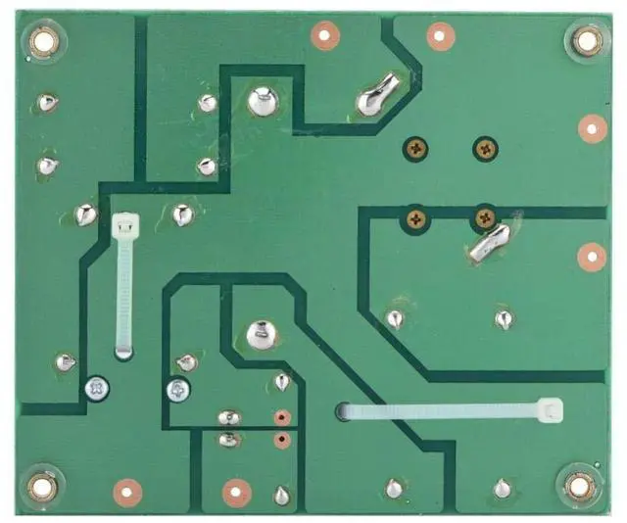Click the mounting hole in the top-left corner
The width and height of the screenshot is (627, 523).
click(x=43, y=40)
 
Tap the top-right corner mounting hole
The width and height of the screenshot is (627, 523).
click(x=586, y=40)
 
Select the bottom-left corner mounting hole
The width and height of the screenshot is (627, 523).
click(x=41, y=485)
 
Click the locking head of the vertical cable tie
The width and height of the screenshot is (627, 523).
click(x=124, y=225)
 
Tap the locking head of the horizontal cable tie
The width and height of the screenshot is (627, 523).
click(x=550, y=410)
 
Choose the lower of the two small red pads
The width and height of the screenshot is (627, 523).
click(x=282, y=440)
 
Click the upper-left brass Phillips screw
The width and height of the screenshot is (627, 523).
click(x=416, y=149)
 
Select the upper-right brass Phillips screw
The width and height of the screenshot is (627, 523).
click(x=485, y=149)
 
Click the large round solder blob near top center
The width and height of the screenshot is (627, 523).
click(x=262, y=100)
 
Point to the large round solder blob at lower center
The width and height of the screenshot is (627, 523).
click(x=260, y=335)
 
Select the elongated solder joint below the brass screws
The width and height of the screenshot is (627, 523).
click(x=488, y=244)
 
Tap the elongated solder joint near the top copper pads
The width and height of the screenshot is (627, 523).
click(x=376, y=96)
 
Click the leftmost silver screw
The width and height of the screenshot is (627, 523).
click(x=95, y=389)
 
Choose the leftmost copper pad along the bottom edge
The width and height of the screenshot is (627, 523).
click(x=127, y=490)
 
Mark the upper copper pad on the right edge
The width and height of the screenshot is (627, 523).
click(x=592, y=128)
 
